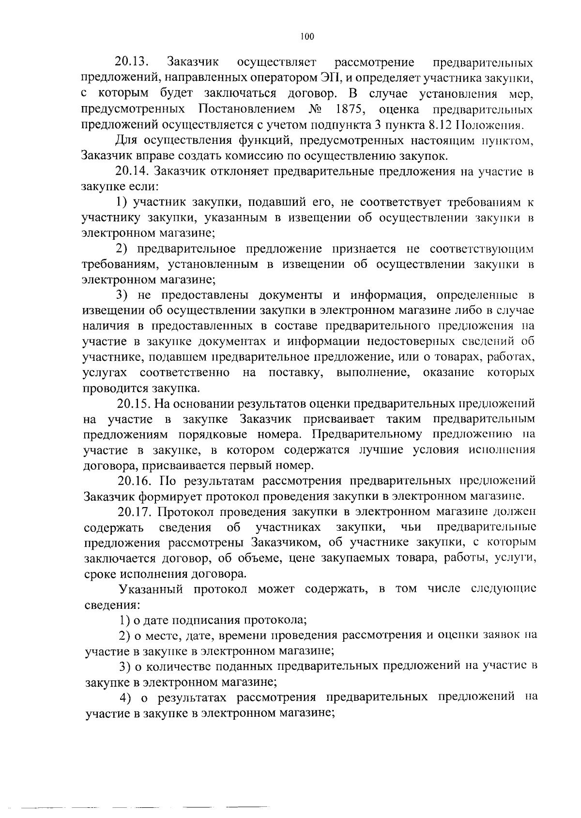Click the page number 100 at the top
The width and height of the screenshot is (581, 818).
pos(307,36)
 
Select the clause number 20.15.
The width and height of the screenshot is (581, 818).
pos(135,403)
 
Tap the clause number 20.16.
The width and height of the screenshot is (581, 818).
pos(135,481)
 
